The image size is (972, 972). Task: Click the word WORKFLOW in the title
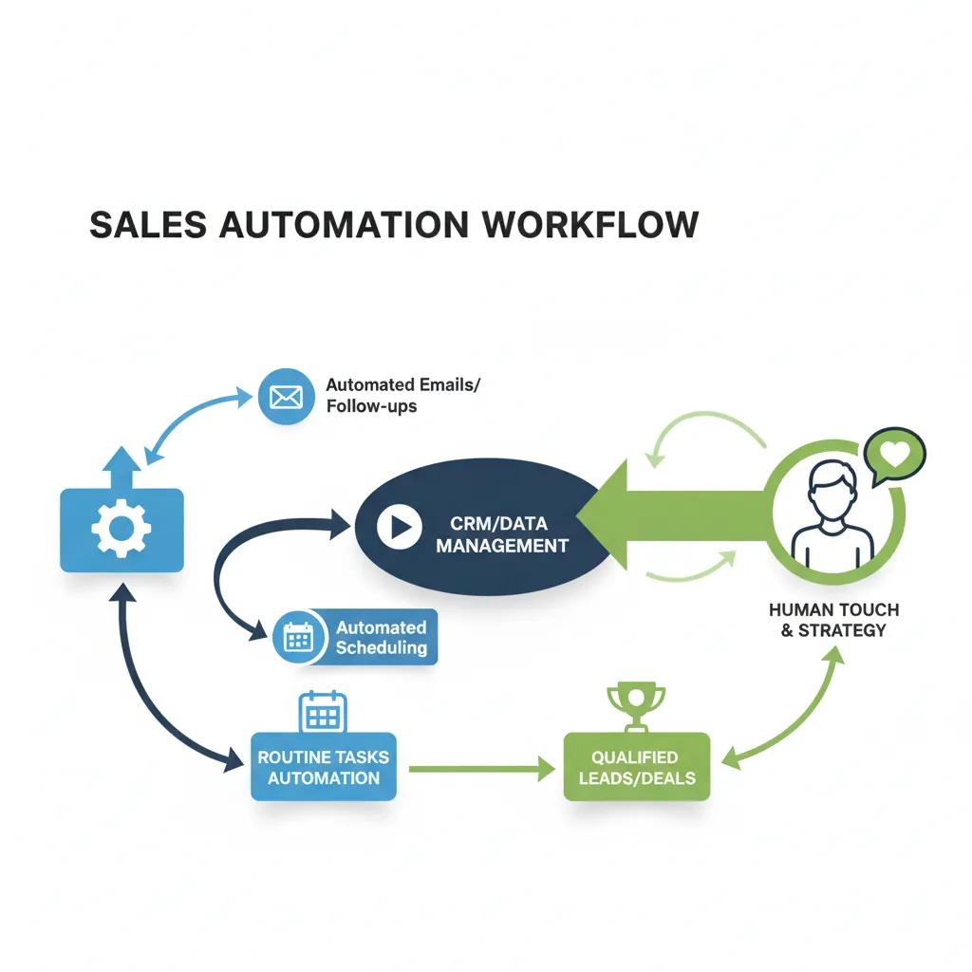pyautogui.click(x=589, y=224)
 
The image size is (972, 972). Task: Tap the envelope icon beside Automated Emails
pyautogui.click(x=285, y=396)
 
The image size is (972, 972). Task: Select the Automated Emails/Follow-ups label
pyautogui.click(x=403, y=396)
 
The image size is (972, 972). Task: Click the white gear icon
pyautogui.click(x=121, y=529)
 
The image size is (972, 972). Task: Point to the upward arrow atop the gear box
pyautogui.click(x=121, y=468)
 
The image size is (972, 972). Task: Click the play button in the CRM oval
pyautogui.click(x=399, y=527)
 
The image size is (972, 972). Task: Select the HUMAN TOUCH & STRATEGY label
pyautogui.click(x=833, y=620)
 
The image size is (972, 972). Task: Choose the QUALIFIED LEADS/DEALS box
pyautogui.click(x=636, y=767)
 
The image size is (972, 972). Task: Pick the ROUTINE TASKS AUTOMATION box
pyautogui.click(x=324, y=767)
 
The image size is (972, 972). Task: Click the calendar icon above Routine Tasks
pyautogui.click(x=323, y=712)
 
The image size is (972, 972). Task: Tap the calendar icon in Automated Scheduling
pyautogui.click(x=299, y=637)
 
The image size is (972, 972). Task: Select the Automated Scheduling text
pyautogui.click(x=381, y=638)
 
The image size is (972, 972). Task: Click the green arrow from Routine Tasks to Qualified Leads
pyautogui.click(x=479, y=769)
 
